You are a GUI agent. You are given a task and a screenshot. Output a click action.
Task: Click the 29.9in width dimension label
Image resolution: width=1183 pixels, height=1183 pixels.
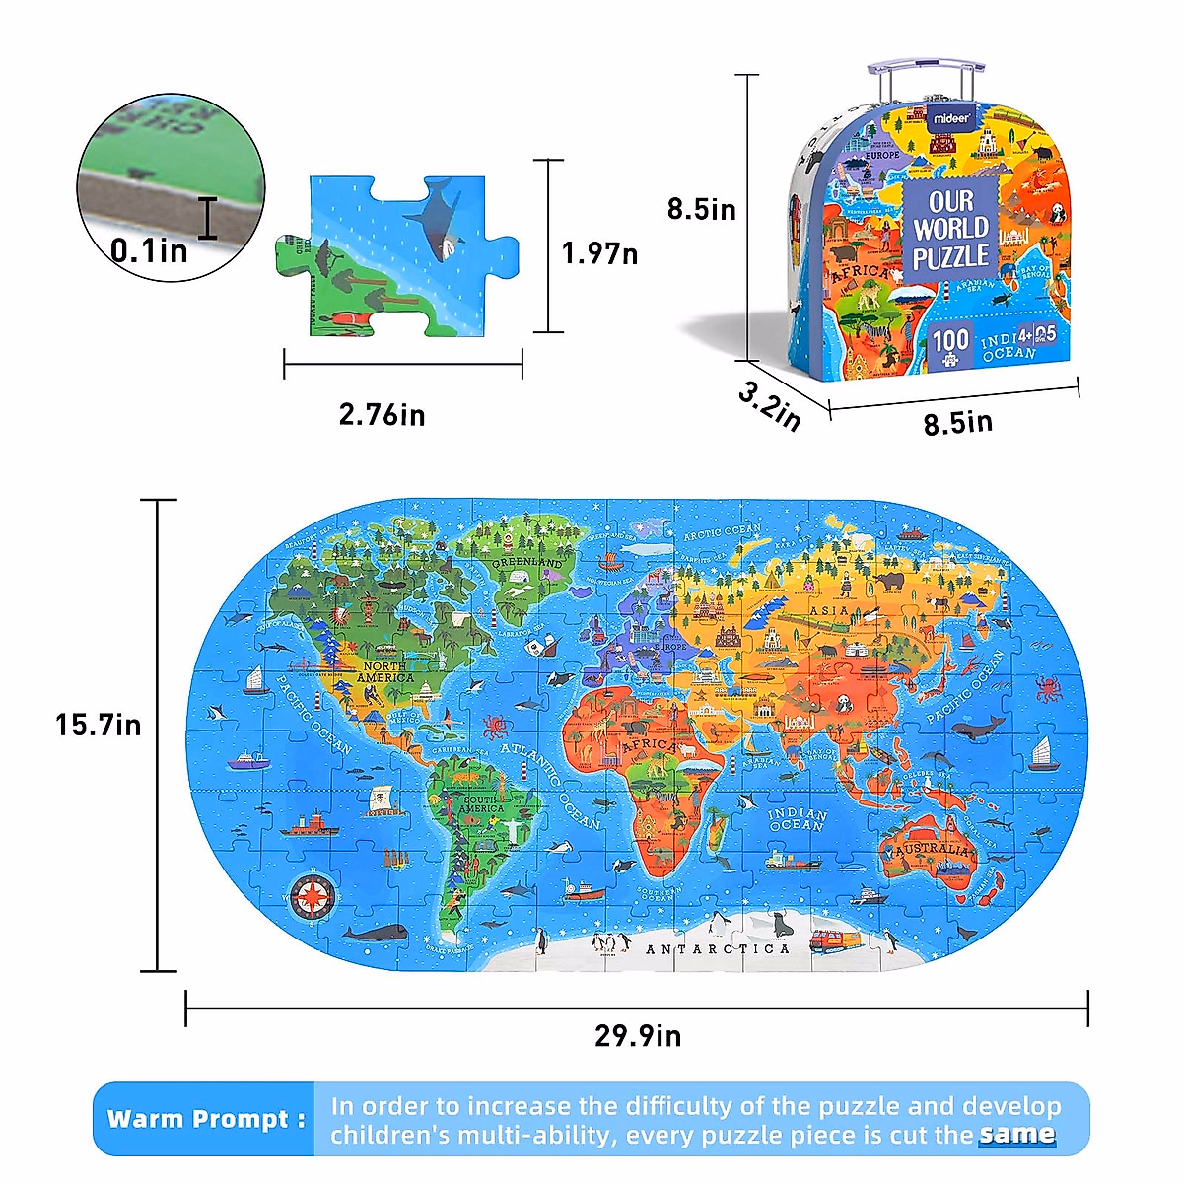(637, 1036)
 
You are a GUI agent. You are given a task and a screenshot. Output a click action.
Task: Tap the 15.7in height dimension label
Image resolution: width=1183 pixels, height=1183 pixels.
(98, 726)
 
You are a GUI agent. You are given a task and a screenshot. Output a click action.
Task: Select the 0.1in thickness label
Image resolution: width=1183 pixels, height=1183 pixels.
(149, 250)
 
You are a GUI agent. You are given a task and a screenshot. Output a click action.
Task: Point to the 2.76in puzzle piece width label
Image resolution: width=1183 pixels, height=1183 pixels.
(382, 415)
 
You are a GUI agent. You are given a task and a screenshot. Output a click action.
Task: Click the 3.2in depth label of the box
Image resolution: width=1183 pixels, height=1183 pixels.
(770, 405)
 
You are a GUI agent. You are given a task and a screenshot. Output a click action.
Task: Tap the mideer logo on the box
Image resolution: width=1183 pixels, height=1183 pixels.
(952, 118)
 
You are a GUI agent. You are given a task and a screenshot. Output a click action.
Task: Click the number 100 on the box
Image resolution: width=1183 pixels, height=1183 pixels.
(950, 341)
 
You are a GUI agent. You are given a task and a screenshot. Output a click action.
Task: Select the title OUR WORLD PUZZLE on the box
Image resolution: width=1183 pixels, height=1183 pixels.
(950, 230)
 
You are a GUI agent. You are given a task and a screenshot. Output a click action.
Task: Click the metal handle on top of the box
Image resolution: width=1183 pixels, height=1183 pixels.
(926, 79)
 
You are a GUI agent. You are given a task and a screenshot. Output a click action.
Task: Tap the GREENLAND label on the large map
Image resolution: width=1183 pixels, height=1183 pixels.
(527, 562)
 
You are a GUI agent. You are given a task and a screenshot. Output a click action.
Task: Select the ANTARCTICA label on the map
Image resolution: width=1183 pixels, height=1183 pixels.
(718, 949)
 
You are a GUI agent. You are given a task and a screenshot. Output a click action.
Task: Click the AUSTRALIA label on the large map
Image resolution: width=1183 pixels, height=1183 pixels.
(932, 848)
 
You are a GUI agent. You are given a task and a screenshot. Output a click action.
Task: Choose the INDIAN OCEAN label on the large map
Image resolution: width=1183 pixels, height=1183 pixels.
(797, 819)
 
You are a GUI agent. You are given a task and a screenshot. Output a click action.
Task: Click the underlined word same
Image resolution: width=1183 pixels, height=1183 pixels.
(1017, 1135)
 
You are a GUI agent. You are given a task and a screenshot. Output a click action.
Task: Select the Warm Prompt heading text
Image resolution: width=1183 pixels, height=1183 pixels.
(206, 1119)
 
